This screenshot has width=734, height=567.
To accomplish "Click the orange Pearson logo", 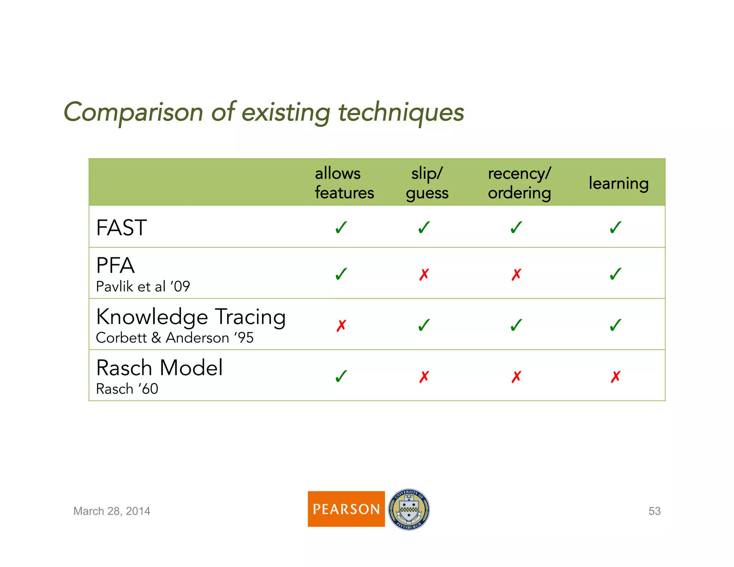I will click(x=346, y=509).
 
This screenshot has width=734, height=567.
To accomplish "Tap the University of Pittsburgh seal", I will click(x=409, y=509).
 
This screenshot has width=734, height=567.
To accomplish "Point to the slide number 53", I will click(x=654, y=511).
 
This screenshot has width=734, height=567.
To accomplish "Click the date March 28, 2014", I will click(x=112, y=511).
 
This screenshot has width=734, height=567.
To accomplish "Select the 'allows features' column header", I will click(x=344, y=183).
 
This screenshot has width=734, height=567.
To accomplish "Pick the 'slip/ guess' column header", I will click(x=427, y=183).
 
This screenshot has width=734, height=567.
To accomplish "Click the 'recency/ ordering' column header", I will click(x=519, y=183).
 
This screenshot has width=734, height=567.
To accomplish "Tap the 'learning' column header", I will click(x=619, y=183).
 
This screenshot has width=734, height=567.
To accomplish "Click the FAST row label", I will click(x=121, y=228).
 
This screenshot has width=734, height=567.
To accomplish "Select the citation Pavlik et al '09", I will click(x=143, y=286).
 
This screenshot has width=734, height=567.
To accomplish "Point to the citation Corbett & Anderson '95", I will click(x=175, y=338).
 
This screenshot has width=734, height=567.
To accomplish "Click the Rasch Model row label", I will click(x=159, y=368).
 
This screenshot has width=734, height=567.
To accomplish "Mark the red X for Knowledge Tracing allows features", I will click(x=341, y=325).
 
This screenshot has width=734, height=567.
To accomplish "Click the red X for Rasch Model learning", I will click(x=615, y=377).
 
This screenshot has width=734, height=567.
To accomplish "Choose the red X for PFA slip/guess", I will click(x=424, y=275).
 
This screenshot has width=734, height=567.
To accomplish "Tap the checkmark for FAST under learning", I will click(x=615, y=227).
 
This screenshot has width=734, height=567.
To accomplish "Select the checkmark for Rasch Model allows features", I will click(x=341, y=376).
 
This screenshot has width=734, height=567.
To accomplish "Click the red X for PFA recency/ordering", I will click(x=516, y=275).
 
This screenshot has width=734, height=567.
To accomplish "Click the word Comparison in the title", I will click(x=133, y=112).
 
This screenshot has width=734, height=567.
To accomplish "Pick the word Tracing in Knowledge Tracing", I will click(x=250, y=317).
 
